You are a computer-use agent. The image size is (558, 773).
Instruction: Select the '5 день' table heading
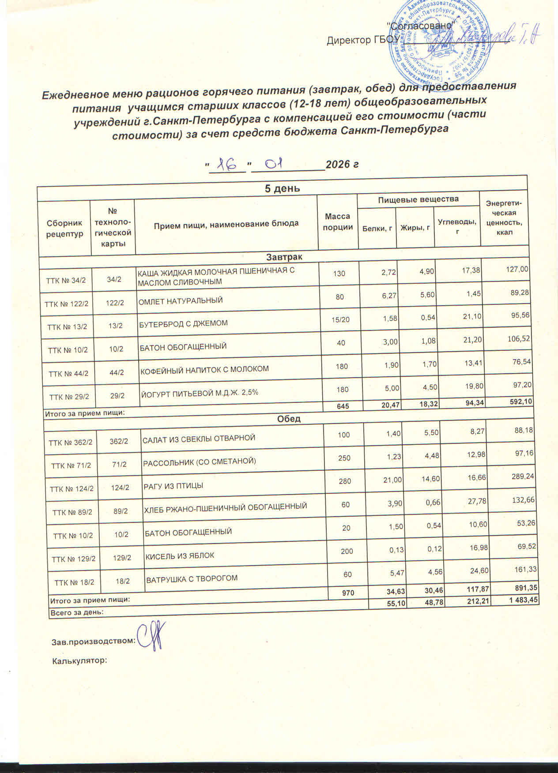point(282,188)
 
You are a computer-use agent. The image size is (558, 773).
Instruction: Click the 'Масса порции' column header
point(338,221)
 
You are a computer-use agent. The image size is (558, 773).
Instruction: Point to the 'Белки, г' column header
point(377,228)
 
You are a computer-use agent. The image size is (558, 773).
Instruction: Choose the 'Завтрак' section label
point(284,256)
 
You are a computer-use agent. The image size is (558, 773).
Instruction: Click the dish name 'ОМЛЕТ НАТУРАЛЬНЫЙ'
point(181,301)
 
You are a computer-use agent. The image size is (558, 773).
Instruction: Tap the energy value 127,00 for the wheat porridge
point(517,269)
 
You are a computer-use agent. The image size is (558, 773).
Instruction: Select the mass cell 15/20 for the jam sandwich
point(340,319)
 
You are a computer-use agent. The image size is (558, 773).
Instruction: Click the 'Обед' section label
point(289,418)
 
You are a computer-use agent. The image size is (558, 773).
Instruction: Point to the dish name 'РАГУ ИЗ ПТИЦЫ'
point(173,486)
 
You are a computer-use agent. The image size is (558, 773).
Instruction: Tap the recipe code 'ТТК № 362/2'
point(71,443)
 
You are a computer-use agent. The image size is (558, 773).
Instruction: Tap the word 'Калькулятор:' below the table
point(80,660)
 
